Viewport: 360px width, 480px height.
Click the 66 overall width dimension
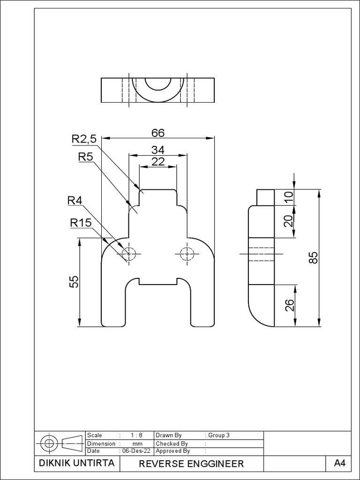point(158,133)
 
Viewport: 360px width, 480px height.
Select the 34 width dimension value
point(158,150)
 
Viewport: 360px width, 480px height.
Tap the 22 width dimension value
point(158,161)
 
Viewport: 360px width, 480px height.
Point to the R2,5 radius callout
point(84,139)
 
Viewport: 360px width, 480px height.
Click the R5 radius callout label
point(85,157)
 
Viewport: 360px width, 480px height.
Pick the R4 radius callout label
point(75,201)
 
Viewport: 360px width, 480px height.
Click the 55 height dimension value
point(74,282)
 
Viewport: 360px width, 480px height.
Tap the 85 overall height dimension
point(314,257)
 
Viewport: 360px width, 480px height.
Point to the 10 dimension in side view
point(289,197)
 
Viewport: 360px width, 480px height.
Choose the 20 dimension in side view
point(289,220)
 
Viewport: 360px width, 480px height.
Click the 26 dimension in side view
point(289,305)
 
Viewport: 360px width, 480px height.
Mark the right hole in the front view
point(187,254)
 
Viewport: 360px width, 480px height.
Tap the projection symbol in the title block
point(60,443)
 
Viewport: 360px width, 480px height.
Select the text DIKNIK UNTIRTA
point(76,463)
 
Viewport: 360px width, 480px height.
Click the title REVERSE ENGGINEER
point(191,464)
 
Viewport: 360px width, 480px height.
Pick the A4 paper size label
point(339,464)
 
